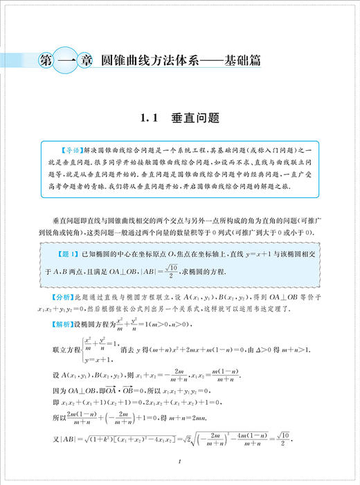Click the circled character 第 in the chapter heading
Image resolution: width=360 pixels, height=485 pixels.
[x=41, y=61]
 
